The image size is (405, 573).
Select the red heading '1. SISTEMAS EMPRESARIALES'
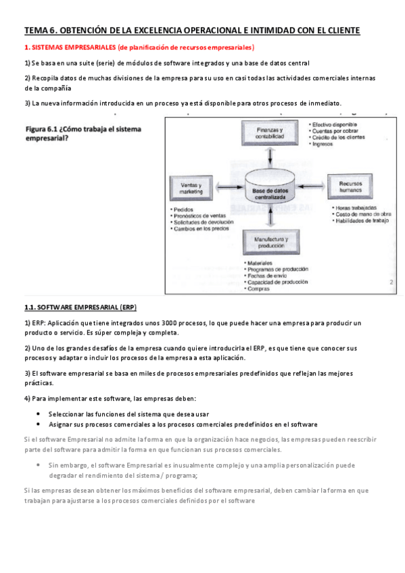point(70,47)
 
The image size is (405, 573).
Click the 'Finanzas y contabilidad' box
point(270,132)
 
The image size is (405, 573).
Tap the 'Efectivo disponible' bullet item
point(334,125)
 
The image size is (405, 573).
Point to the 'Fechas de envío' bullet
point(268,276)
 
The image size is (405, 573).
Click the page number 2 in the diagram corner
point(391,284)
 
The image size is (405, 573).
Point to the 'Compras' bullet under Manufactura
point(259,289)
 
